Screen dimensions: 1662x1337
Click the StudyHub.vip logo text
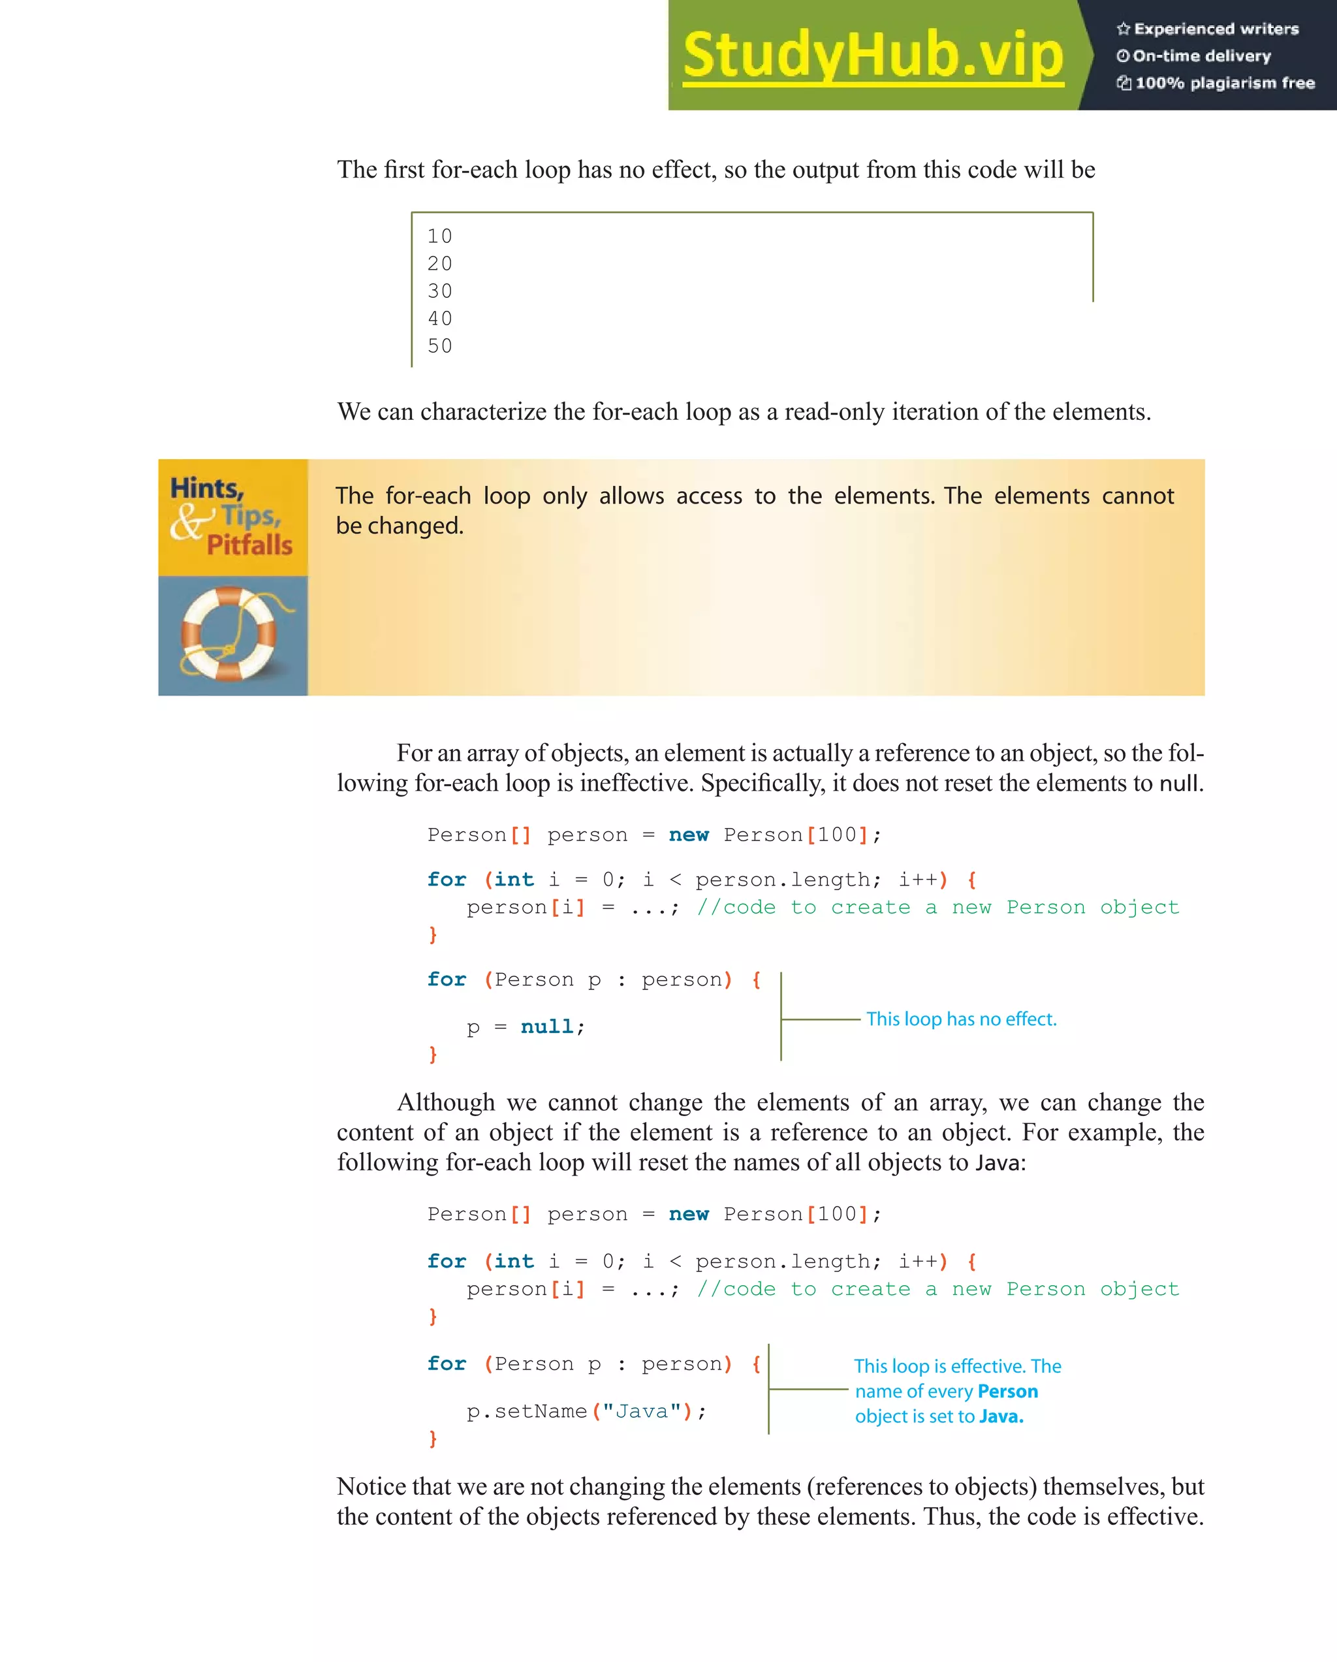pyautogui.click(x=872, y=55)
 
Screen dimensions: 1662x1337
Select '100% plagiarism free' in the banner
pyautogui.click(x=1225, y=83)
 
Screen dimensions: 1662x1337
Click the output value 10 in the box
pyautogui.click(x=440, y=236)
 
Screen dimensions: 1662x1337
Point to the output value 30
pyautogui.click(x=440, y=291)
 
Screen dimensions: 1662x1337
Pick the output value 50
pyautogui.click(x=440, y=346)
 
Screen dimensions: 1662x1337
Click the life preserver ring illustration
pyautogui.click(x=229, y=633)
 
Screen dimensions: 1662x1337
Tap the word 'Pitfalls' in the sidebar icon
pyautogui.click(x=249, y=545)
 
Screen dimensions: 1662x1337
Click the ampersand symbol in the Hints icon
pyautogui.click(x=188, y=522)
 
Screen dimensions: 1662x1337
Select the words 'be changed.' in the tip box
pyautogui.click(x=400, y=526)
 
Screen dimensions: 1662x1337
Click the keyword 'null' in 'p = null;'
pyautogui.click(x=546, y=1027)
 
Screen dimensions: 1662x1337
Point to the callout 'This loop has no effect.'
pyautogui.click(x=961, y=1019)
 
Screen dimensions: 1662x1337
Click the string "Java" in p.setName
pyautogui.click(x=642, y=1411)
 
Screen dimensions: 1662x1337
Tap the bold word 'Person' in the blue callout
pyautogui.click(x=1007, y=1392)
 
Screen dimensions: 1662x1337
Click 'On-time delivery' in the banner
pyautogui.click(x=1201, y=56)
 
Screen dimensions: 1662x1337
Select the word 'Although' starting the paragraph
pyautogui.click(x=445, y=1102)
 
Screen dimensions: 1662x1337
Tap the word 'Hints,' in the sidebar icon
pyautogui.click(x=206, y=488)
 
